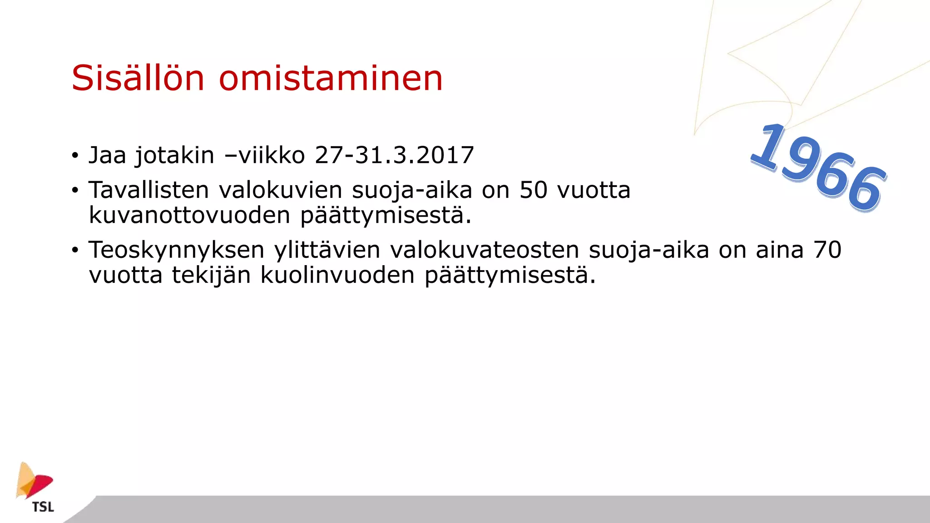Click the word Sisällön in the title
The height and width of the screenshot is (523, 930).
[x=138, y=78]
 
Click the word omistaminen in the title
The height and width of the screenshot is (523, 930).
[x=331, y=78]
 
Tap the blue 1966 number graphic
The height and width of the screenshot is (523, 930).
[x=817, y=167]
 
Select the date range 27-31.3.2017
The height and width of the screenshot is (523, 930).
[x=394, y=155]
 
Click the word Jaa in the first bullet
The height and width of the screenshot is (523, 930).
[x=107, y=155]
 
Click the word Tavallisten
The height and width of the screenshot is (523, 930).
[x=148, y=190]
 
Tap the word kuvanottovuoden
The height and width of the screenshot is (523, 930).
[x=189, y=215]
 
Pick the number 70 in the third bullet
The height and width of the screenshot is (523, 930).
[x=827, y=250]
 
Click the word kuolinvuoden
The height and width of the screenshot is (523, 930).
[x=337, y=275]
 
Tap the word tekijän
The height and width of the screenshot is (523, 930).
[x=211, y=275]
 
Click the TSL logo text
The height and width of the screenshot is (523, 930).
[x=43, y=507]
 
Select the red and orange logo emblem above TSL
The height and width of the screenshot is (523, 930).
[x=34, y=481]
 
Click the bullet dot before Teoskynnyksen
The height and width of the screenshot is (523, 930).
[x=75, y=250]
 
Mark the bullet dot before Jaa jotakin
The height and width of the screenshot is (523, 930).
[x=75, y=155]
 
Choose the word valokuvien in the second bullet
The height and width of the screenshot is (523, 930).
[x=280, y=190]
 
